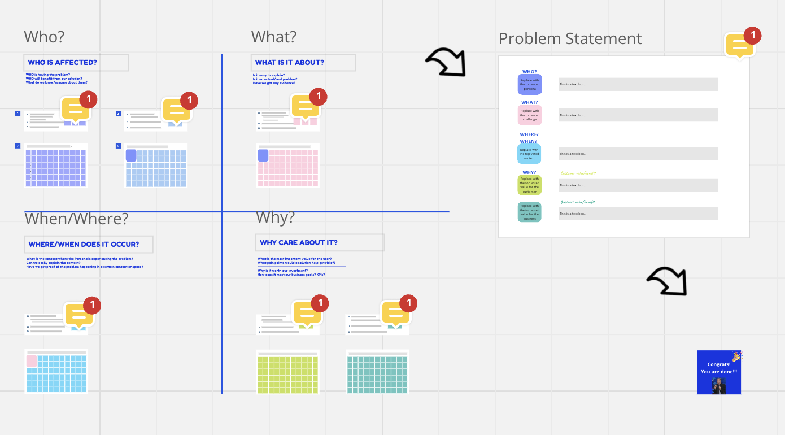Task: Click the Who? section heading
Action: click(44, 37)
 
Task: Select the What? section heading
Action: click(274, 37)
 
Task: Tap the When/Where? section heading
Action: click(76, 218)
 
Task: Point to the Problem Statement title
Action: click(570, 38)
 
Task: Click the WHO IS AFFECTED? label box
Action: click(76, 62)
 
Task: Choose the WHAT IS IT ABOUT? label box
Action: click(303, 62)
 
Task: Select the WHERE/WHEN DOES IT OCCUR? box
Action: click(89, 244)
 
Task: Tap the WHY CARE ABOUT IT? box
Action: click(320, 242)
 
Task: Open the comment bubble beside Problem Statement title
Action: click(740, 45)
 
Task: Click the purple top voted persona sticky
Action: click(530, 84)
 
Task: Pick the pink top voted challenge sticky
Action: click(530, 115)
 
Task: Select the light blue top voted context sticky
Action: click(530, 154)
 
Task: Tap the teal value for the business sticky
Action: click(530, 212)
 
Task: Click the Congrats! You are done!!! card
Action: click(719, 372)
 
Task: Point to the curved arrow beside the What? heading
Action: click(446, 62)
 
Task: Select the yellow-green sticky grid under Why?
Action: click(287, 372)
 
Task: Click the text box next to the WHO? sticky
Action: click(638, 84)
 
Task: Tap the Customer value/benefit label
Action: click(578, 173)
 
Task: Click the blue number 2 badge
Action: click(18, 146)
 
